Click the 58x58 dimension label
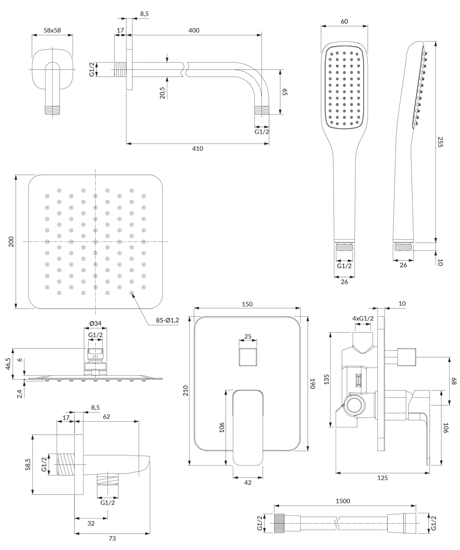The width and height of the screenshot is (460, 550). point(52,30)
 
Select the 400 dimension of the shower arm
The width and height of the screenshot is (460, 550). point(194,30)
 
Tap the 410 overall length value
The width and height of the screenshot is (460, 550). point(197,149)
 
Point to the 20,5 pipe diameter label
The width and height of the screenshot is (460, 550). point(162,92)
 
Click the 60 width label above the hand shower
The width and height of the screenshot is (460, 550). point(344,21)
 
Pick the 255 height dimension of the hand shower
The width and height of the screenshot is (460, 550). point(440,142)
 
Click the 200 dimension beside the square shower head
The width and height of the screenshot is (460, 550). point(11,242)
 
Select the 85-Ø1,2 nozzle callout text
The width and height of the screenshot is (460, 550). point(167,320)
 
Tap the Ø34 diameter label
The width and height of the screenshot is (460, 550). point(95,323)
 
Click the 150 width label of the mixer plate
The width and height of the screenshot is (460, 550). point(247,304)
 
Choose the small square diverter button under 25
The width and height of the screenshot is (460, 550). point(248,357)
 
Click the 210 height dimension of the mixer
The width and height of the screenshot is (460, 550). point(186,391)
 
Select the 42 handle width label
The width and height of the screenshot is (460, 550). point(248,483)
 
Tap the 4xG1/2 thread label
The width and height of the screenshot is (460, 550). point(363,318)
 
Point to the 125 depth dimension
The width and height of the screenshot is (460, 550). point(382,478)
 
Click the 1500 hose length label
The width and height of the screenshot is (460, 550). point(343,501)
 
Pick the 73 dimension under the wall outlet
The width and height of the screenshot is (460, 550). point(112,538)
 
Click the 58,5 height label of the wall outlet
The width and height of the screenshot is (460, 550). point(28,464)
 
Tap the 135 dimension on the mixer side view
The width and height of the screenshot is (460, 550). point(326,379)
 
